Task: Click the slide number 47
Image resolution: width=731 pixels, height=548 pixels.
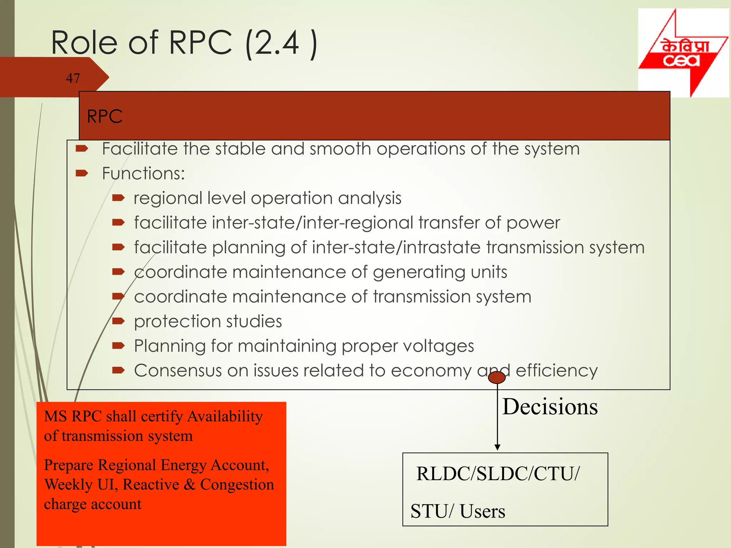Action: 73,78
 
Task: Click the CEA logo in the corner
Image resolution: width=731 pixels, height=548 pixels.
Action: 683,53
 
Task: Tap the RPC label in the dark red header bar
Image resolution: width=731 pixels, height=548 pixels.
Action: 105,116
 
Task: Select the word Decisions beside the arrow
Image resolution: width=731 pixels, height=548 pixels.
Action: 550,407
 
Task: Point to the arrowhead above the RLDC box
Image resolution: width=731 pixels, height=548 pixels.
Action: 497,447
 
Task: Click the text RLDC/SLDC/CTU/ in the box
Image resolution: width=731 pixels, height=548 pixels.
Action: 498,474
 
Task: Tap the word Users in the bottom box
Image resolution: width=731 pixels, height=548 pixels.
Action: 482,511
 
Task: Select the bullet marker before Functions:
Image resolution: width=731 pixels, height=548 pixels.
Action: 82,173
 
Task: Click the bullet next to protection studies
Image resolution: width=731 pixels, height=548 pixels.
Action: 118,321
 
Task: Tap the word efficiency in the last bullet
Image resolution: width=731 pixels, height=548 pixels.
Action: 556,370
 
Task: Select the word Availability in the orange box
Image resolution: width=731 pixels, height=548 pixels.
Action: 225,416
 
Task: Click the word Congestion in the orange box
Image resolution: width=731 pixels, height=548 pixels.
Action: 237,484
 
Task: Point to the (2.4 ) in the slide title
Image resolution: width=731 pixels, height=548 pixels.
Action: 281,43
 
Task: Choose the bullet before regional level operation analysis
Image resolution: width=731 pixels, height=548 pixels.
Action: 118,198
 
